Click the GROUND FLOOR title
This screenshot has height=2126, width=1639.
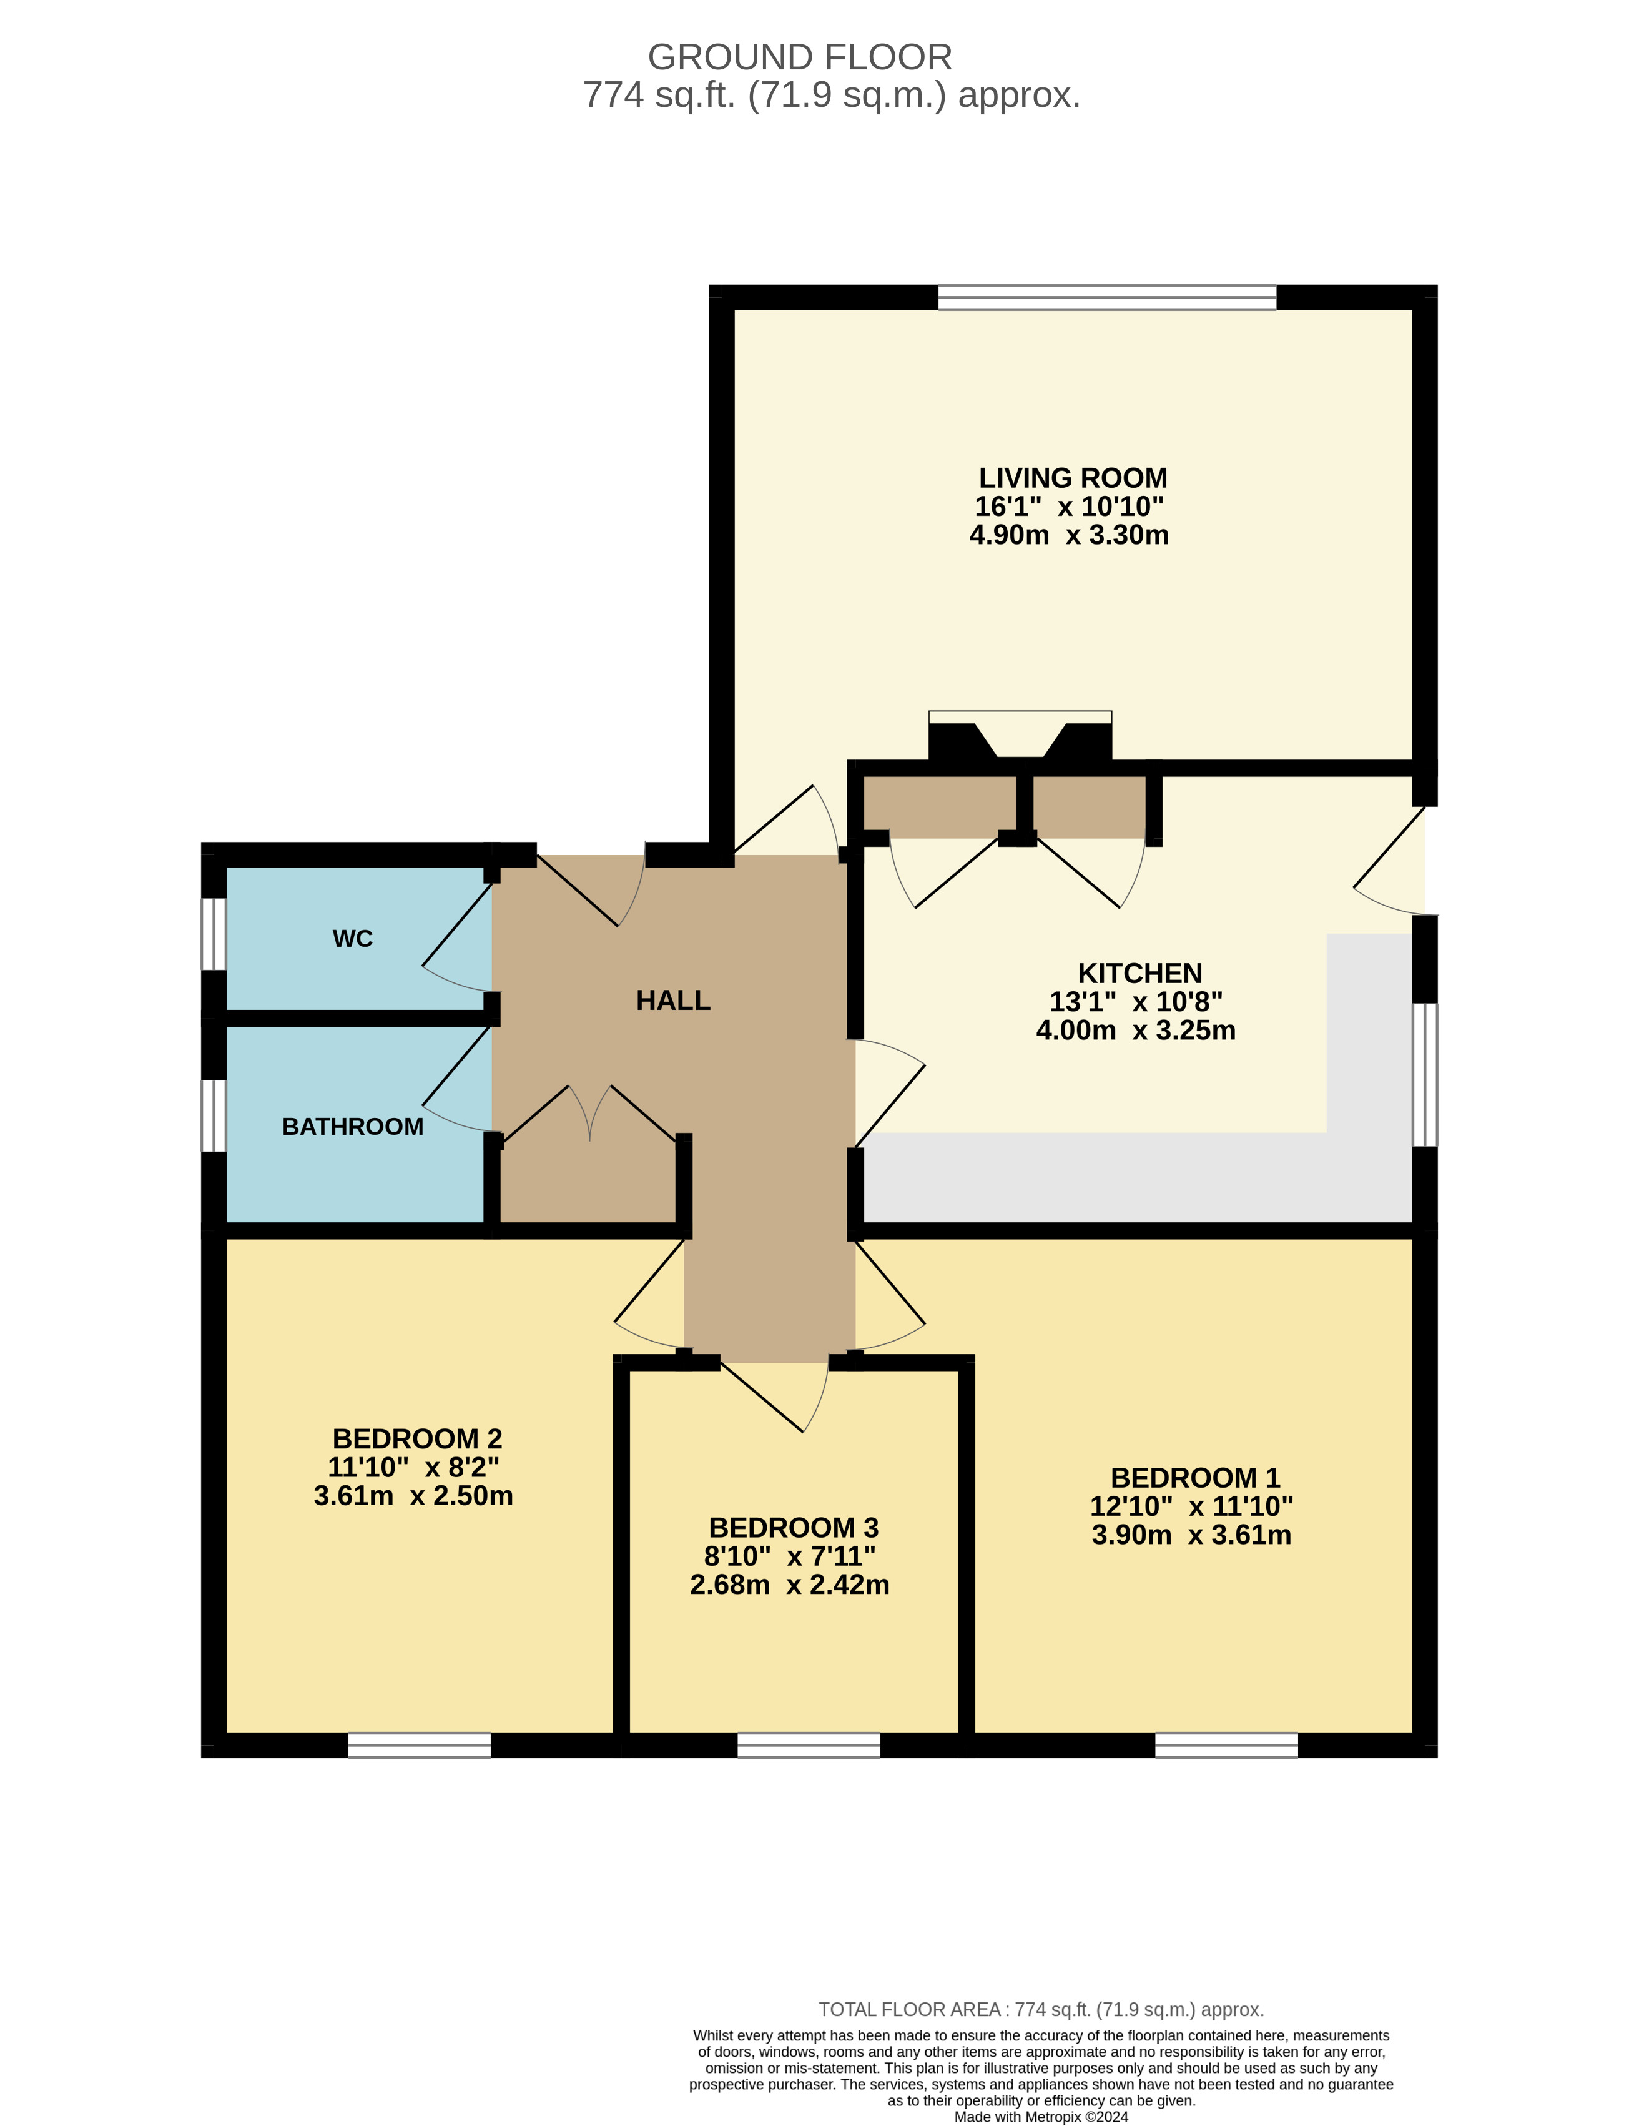click(x=799, y=57)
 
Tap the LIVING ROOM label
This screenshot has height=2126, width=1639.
click(x=1073, y=478)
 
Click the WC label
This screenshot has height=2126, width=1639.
click(x=352, y=938)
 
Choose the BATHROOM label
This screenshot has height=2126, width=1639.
click(x=352, y=1126)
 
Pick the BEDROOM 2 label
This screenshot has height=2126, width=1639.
click(x=416, y=1439)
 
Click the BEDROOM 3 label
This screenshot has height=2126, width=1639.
click(x=793, y=1527)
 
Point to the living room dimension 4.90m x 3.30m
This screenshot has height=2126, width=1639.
click(x=1069, y=535)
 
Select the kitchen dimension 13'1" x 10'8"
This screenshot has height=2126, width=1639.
click(x=1136, y=1002)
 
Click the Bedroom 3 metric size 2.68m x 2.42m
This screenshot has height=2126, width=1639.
click(x=789, y=1585)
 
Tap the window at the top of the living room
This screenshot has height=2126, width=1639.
click(x=1106, y=297)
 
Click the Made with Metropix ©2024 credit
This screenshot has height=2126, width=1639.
click(x=1040, y=2116)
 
